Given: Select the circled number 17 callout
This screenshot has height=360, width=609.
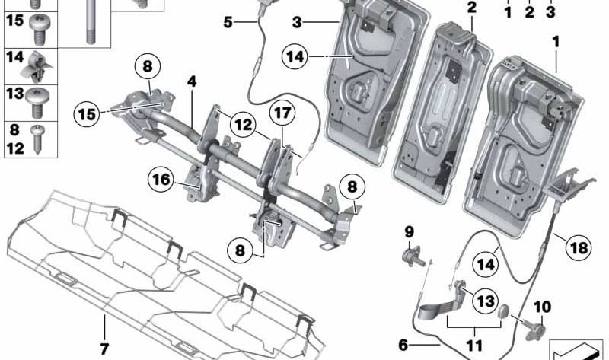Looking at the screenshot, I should click(x=282, y=114).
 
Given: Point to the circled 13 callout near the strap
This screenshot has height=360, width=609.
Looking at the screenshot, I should click(x=484, y=302).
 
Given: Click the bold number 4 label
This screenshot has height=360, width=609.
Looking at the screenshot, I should click(x=193, y=80).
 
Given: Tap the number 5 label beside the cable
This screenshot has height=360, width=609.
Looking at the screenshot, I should click(x=228, y=22).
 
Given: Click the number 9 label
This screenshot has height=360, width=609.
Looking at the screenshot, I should click(x=408, y=231).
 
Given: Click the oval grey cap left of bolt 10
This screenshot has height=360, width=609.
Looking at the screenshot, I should click(x=503, y=313).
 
